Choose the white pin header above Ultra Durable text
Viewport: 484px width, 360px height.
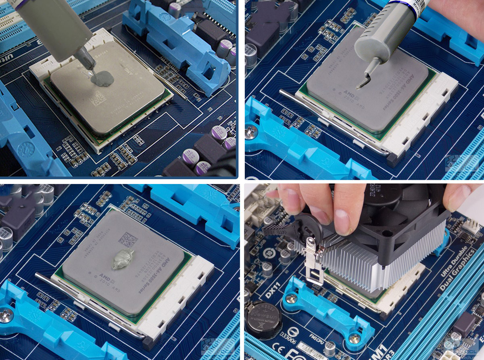470,226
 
